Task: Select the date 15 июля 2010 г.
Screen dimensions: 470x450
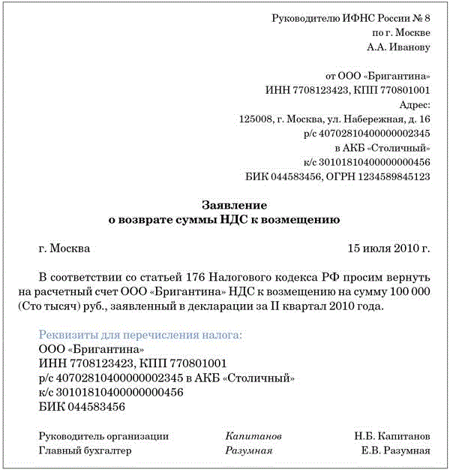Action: (x=388, y=249)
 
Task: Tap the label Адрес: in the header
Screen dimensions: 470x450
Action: (x=415, y=105)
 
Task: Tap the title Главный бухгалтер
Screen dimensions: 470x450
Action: (x=85, y=450)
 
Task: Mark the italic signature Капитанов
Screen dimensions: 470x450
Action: (x=253, y=436)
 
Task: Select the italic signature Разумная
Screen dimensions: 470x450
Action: (x=248, y=450)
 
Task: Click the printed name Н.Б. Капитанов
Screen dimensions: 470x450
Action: (x=392, y=436)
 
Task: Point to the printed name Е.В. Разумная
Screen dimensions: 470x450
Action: (x=395, y=450)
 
